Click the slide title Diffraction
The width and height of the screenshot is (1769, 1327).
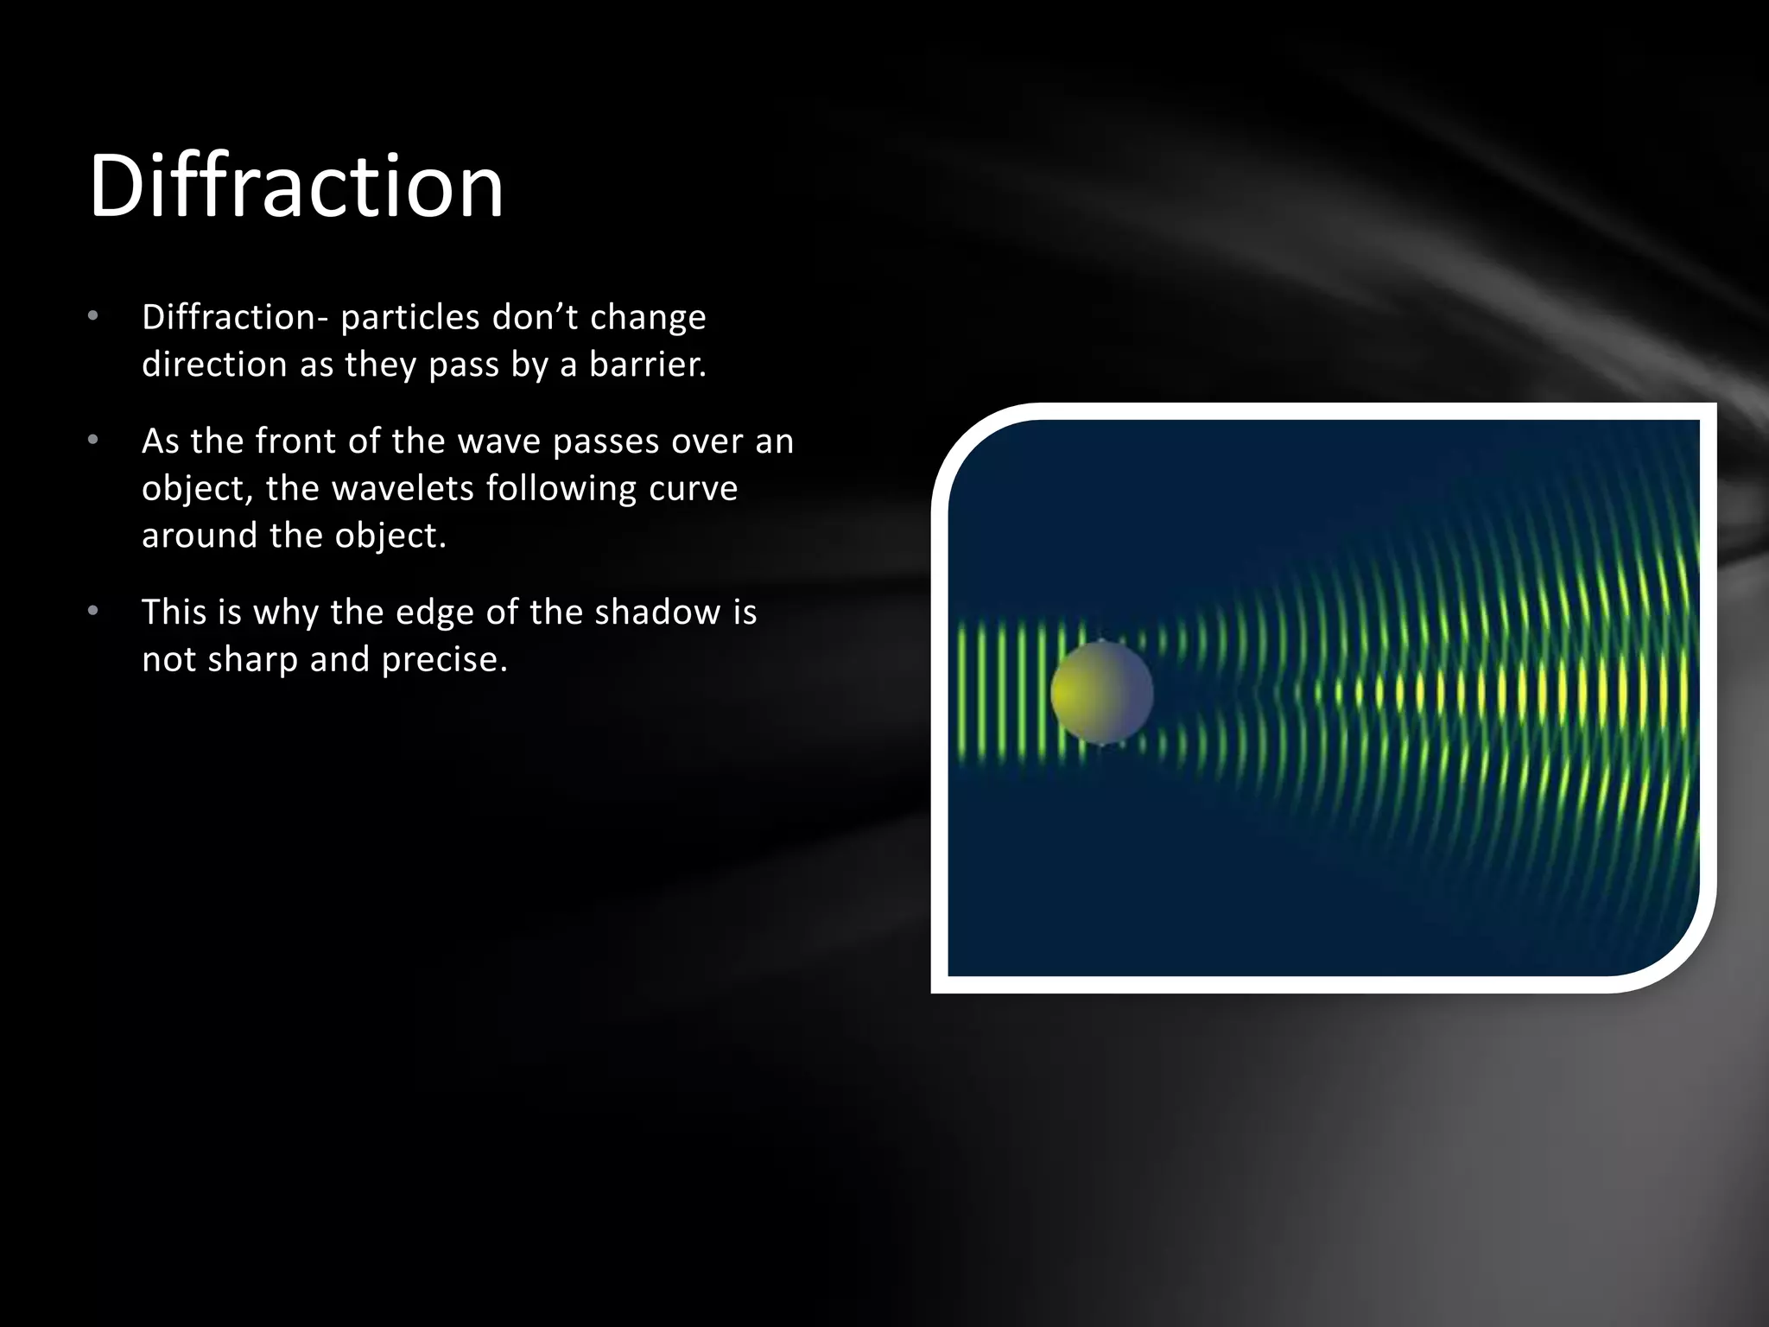point(295,186)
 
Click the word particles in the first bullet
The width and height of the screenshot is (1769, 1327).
point(409,318)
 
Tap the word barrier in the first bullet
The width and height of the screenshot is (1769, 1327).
point(647,365)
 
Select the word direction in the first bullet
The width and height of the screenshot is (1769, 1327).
point(214,365)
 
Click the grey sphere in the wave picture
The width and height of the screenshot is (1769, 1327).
point(1101,693)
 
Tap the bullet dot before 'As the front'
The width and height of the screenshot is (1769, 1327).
point(93,441)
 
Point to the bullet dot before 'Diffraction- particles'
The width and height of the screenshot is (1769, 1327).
point(93,316)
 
